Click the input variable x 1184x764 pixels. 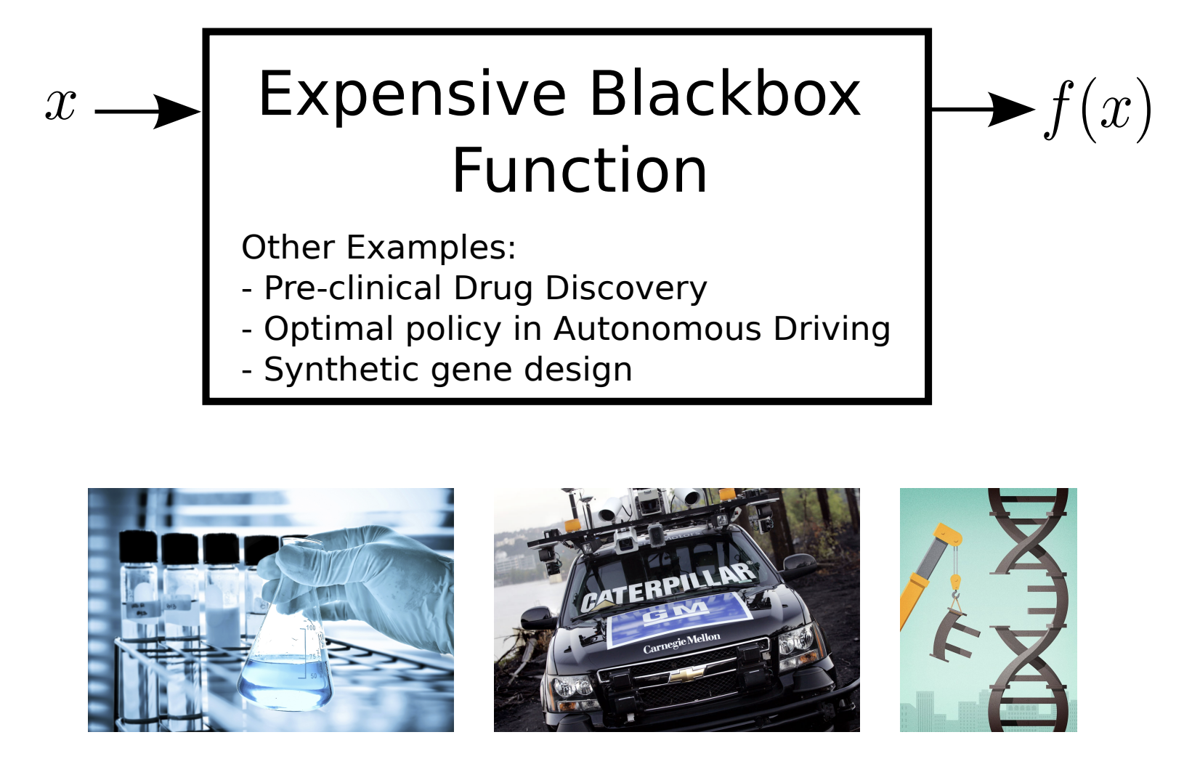[x=61, y=105]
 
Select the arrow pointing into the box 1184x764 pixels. [x=147, y=112]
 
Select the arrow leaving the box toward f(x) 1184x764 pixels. [x=983, y=110]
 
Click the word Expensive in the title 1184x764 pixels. [x=413, y=96]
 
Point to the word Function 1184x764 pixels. [x=580, y=170]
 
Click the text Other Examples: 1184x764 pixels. [x=378, y=247]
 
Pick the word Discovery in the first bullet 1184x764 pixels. [x=626, y=288]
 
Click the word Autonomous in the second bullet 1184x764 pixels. [x=658, y=329]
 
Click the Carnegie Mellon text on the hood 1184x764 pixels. [x=682, y=642]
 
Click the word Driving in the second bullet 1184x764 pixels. [x=832, y=330]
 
